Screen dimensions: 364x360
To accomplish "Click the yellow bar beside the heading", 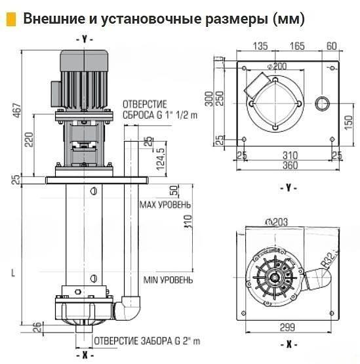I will point(10,19).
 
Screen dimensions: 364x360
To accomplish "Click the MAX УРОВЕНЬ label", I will point(165,205).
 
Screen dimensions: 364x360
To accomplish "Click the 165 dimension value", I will point(296,47).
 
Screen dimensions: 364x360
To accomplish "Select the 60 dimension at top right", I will point(331,47).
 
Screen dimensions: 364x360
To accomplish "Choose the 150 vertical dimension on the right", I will point(348,123).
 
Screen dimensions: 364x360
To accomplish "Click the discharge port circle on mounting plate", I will point(323,103).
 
